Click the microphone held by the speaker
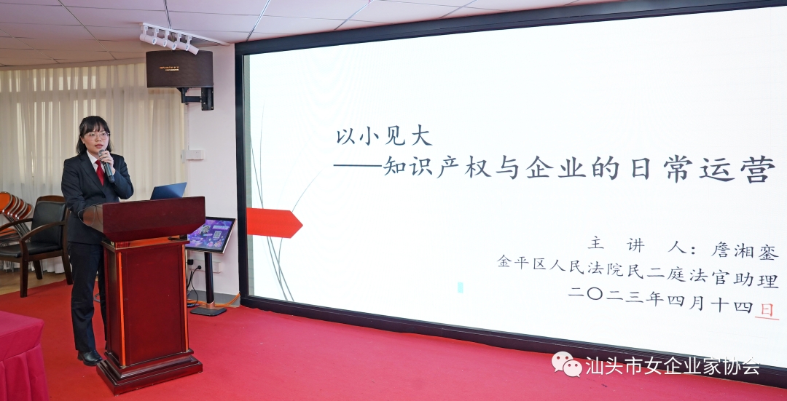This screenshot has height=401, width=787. click(x=106, y=164)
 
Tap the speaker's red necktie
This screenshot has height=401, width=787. click(x=101, y=172)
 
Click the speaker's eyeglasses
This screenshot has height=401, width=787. click(x=97, y=135)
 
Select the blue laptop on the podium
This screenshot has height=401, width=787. click(x=168, y=191)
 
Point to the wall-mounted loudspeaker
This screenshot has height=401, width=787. click(x=179, y=69)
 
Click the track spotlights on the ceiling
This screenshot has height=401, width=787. click(x=169, y=39)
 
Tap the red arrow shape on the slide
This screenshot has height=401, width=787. click(x=274, y=223)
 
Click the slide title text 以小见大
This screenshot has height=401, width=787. click(x=384, y=136)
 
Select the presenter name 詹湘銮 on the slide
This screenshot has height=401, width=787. click(x=745, y=250)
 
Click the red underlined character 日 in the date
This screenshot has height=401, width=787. click(x=767, y=309)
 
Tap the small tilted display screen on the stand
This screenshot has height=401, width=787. click(x=211, y=234)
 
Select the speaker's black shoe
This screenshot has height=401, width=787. click(x=90, y=357)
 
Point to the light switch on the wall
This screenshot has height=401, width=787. click(x=195, y=154)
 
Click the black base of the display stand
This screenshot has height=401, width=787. click(x=207, y=311)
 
